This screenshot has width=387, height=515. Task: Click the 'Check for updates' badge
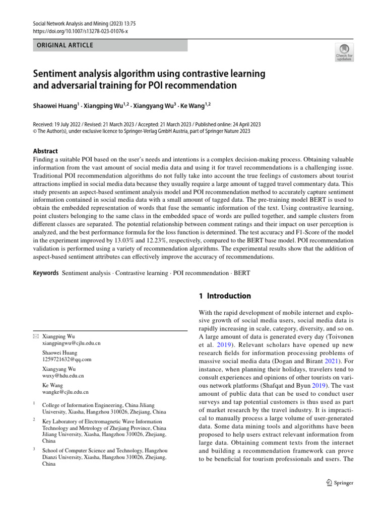click(345, 52)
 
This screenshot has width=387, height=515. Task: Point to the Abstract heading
click(45, 151)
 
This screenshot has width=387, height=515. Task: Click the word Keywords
click(45, 273)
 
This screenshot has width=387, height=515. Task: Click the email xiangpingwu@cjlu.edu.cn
click(71, 343)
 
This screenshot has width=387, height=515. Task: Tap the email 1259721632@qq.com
click(67, 360)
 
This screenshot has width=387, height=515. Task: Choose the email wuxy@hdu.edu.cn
click(63, 376)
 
